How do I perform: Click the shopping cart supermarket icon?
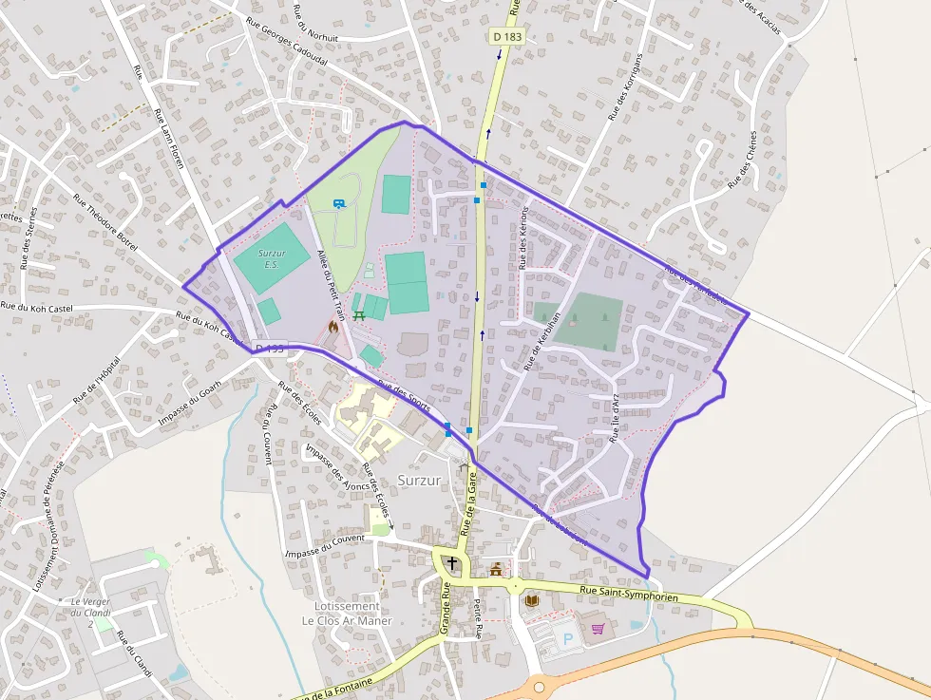coord(598,628)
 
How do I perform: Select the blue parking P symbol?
coord(568,640)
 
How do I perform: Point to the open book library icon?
coord(532,600)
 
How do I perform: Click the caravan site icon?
coord(339,203)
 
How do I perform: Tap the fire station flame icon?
coord(332,325)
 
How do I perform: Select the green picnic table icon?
coord(358,313)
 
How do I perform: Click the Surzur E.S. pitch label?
coord(272,258)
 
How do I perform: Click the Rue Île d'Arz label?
coord(615,417)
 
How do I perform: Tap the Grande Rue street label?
coord(445,608)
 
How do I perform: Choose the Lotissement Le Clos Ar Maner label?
coord(347,614)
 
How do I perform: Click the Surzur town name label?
coord(419,480)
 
